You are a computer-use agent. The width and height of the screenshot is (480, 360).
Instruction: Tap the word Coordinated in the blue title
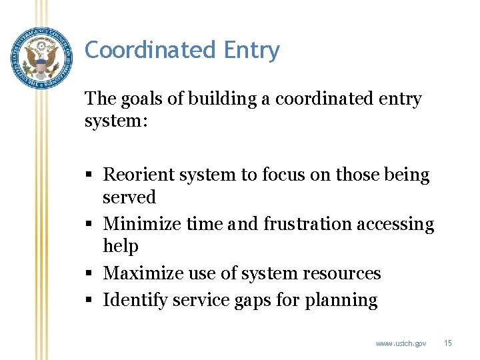pos(151,50)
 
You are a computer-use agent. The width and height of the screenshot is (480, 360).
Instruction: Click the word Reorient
pos(137,175)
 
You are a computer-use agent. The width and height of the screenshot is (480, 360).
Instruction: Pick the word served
pos(129,197)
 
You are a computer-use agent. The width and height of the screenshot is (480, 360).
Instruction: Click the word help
pos(121,247)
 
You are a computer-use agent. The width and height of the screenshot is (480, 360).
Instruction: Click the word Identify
pos(135,301)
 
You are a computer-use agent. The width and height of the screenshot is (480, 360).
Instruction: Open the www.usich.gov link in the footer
pos(401,343)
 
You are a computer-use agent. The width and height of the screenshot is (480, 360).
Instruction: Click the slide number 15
pos(448,343)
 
